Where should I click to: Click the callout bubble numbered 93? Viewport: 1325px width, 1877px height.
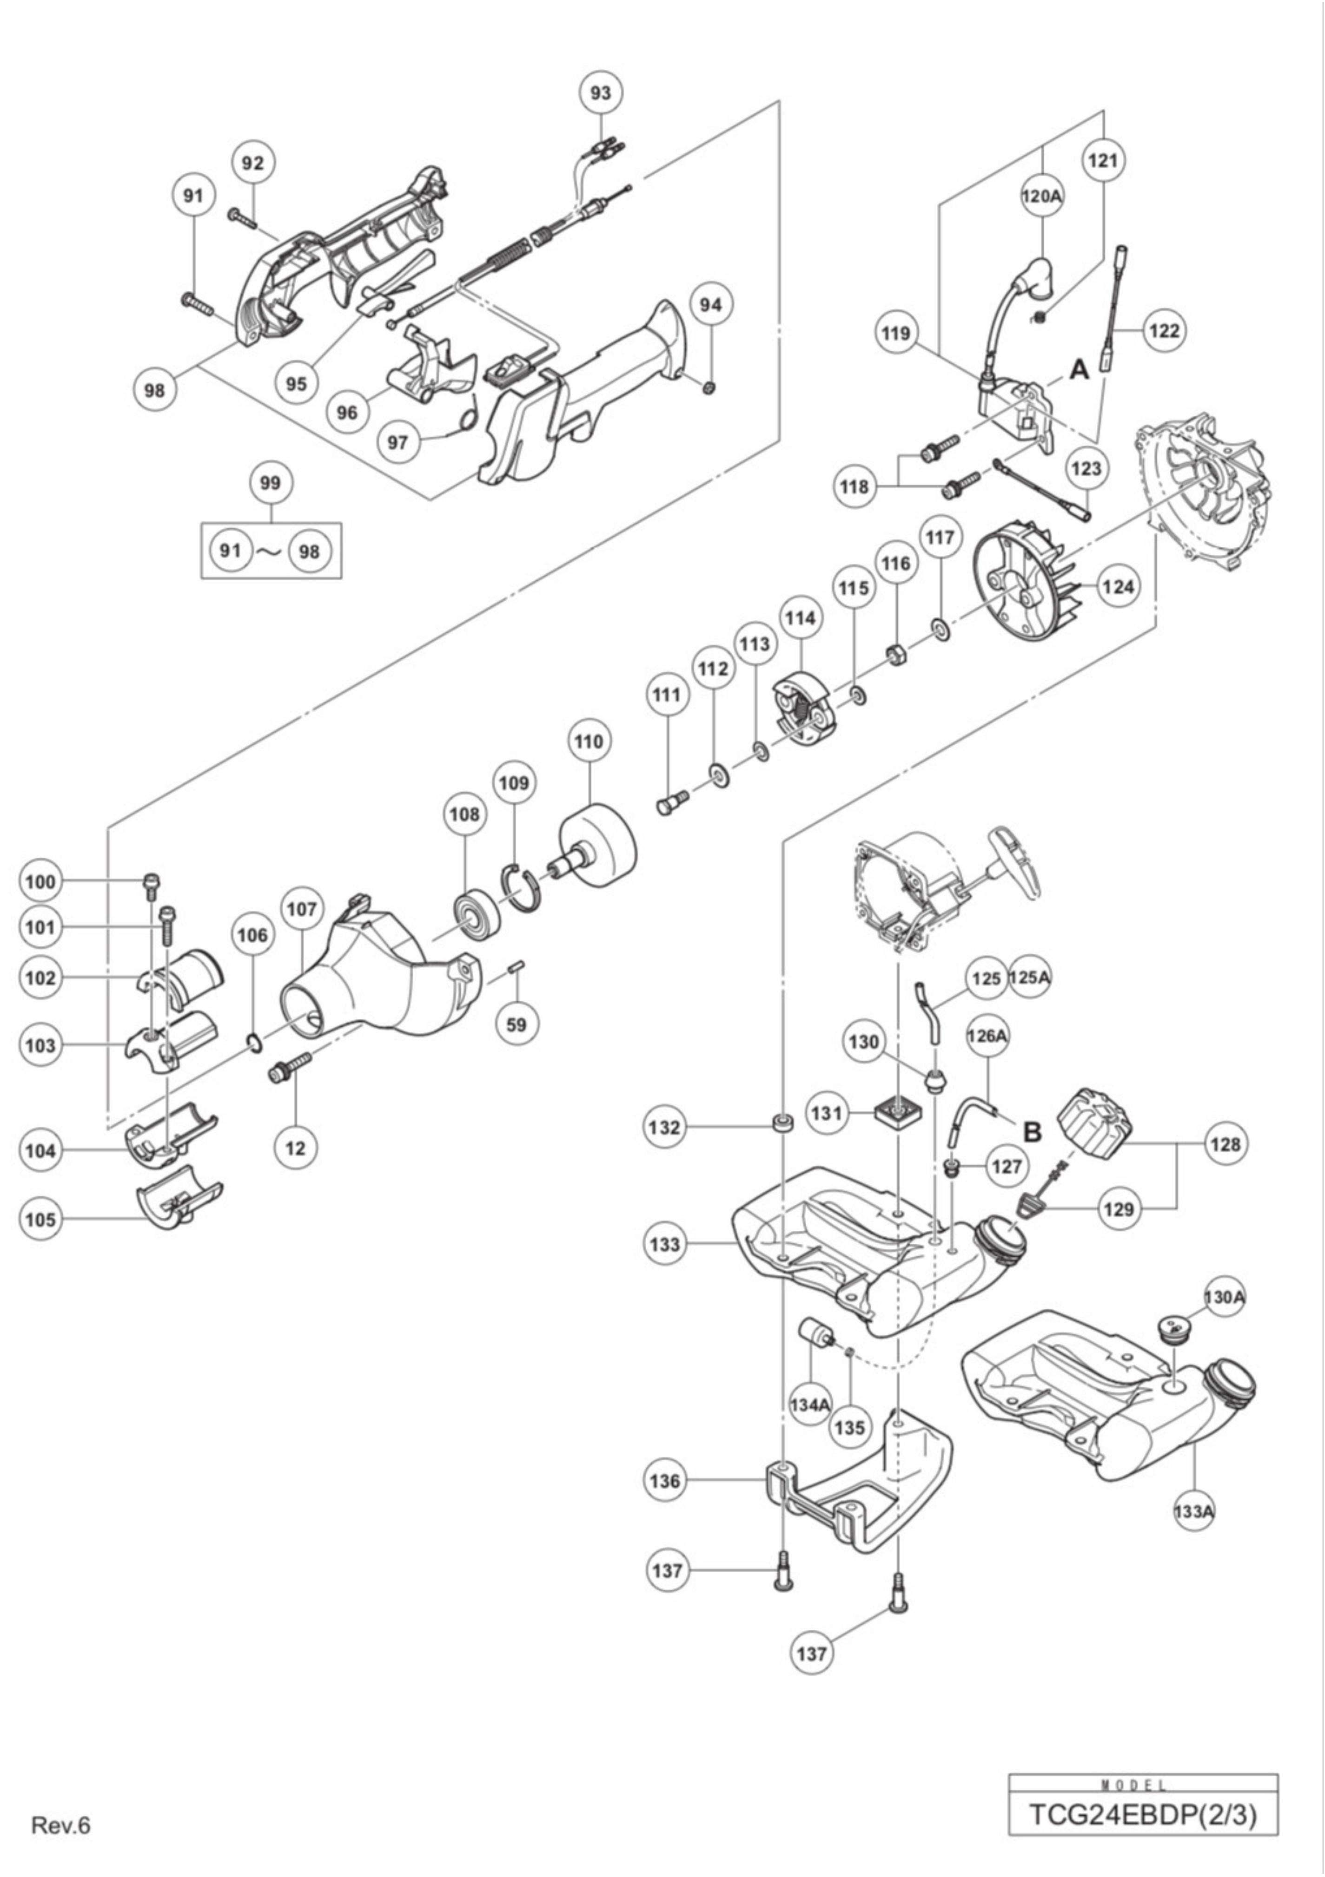600,93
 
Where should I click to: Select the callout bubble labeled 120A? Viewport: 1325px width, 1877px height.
1042,196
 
